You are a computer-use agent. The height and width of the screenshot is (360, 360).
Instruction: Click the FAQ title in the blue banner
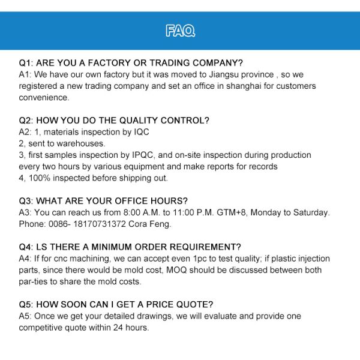(x=180, y=31)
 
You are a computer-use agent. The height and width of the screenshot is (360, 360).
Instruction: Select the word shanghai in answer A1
(x=236, y=86)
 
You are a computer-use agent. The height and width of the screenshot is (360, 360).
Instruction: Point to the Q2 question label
(x=26, y=120)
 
